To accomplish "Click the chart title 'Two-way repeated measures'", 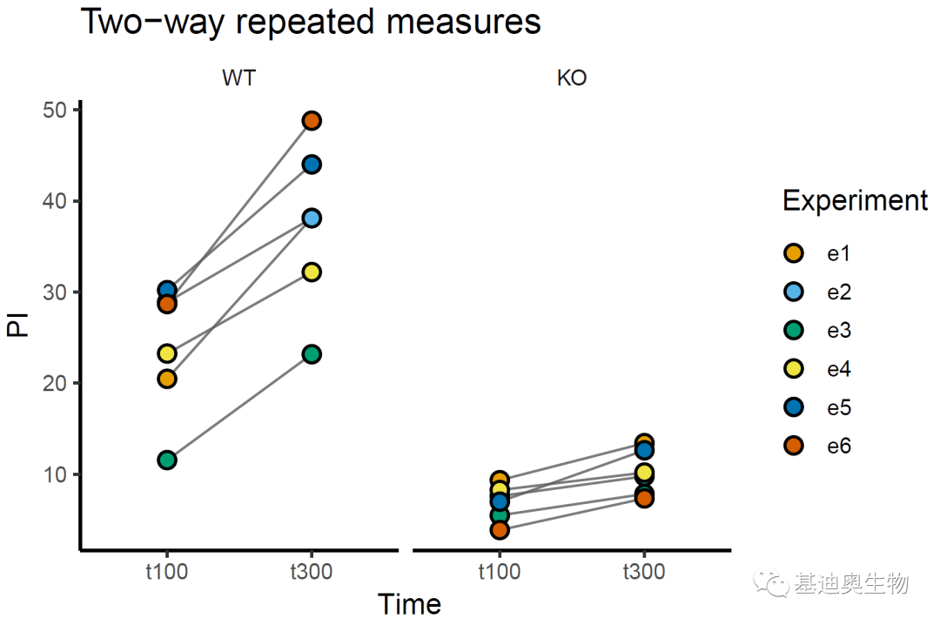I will [311, 22].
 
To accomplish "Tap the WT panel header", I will [239, 78].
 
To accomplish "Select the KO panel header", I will [572, 78].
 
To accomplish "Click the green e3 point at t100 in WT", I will [167, 460].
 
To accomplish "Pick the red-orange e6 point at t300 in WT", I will [312, 120].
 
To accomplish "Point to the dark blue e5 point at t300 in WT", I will [312, 165].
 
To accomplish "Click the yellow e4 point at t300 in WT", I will [312, 272].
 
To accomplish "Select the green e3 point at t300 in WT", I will [312, 353].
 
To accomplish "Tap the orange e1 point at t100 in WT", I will [167, 379].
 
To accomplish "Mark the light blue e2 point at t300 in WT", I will [312, 218].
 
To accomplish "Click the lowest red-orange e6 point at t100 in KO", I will [500, 530].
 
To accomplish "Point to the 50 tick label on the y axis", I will [55, 110].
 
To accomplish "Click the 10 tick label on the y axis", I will [55, 474].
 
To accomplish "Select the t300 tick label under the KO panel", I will [644, 572].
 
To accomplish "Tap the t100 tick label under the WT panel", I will [167, 572].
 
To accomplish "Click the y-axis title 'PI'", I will [17, 326].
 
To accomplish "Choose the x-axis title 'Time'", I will [409, 604].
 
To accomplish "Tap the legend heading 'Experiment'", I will [855, 201].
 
